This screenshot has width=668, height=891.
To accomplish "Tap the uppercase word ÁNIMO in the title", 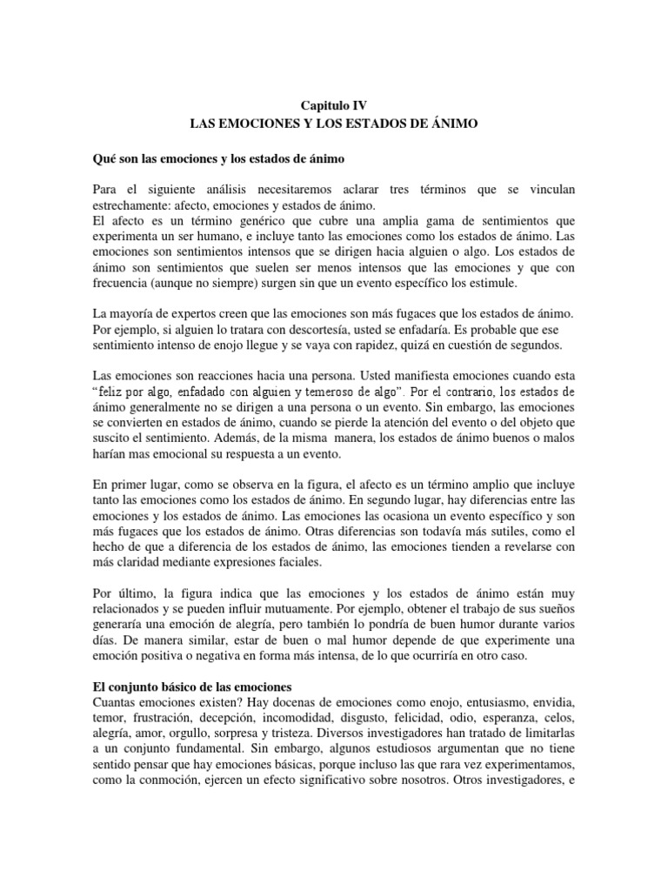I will (x=452, y=125).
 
